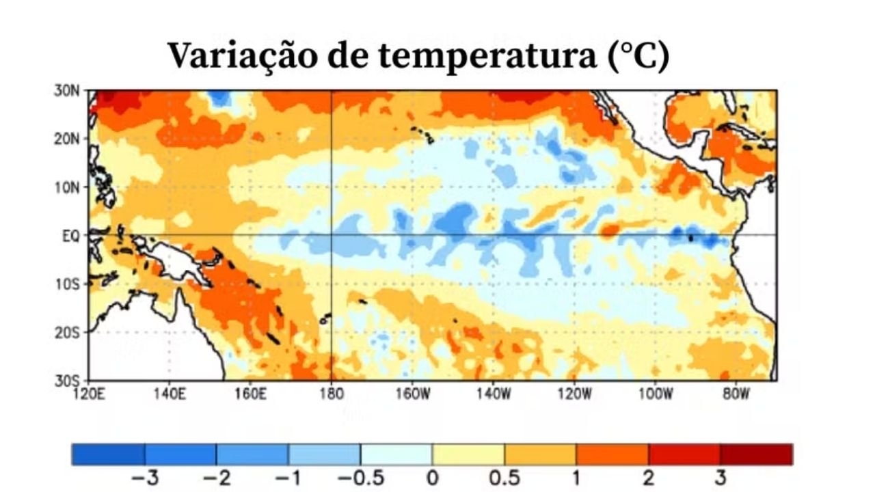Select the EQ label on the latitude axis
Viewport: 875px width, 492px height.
tap(70, 235)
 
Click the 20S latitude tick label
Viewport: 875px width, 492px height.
tap(67, 332)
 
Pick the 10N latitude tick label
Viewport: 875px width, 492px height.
tap(67, 187)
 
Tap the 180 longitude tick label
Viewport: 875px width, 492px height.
tap(331, 394)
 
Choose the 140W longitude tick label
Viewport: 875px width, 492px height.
tap(494, 394)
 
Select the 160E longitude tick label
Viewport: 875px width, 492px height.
tap(250, 394)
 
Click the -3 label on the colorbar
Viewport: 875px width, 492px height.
tap(144, 478)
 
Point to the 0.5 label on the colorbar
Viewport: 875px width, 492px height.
tap(504, 478)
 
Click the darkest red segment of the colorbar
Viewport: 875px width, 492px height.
tap(756, 454)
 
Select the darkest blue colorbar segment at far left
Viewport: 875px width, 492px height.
tap(108, 454)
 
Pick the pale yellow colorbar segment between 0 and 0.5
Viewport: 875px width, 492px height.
tap(468, 454)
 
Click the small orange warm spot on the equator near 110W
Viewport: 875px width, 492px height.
tap(607, 230)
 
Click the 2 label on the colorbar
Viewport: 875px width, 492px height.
tap(648, 478)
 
